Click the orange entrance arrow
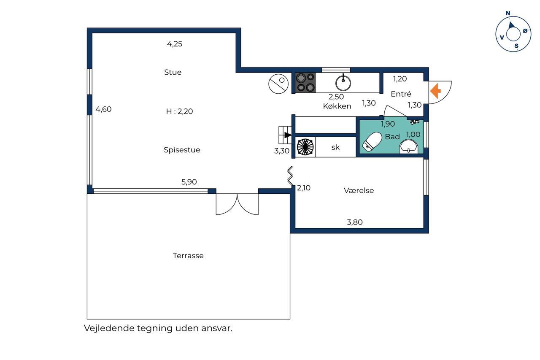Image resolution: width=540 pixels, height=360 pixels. pyautogui.click(x=436, y=91)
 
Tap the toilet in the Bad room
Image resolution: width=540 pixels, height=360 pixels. pyautogui.click(x=372, y=141)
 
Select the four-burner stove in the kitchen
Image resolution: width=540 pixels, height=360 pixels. pyautogui.click(x=305, y=83)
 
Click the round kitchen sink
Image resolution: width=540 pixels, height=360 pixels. pyautogui.click(x=343, y=83)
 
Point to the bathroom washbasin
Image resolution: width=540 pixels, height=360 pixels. pyautogui.click(x=409, y=146)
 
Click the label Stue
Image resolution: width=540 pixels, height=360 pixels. pyautogui.click(x=173, y=72)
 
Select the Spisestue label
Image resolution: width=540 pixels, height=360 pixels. pyautogui.click(x=182, y=150)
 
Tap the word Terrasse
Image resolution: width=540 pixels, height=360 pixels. pyautogui.click(x=188, y=256)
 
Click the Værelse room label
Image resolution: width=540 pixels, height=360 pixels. pyautogui.click(x=359, y=190)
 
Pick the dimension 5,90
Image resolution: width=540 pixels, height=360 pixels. pyautogui.click(x=189, y=182)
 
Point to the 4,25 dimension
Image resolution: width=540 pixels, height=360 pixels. pyautogui.click(x=175, y=44)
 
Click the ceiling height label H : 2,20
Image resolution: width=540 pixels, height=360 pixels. pyautogui.click(x=179, y=111)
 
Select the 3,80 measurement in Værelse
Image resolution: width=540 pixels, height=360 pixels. pyautogui.click(x=355, y=222)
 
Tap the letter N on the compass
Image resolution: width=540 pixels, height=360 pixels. pyautogui.click(x=508, y=13)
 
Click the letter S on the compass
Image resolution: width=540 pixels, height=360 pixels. pyautogui.click(x=516, y=46)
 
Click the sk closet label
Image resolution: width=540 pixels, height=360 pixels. pyautogui.click(x=335, y=147)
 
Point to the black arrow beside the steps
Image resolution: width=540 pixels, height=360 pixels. pyautogui.click(x=288, y=135)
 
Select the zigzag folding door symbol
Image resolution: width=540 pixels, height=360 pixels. pyautogui.click(x=290, y=176)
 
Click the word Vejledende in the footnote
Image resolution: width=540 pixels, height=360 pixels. pyautogui.click(x=109, y=328)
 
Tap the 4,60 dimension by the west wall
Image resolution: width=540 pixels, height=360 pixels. pyautogui.click(x=103, y=109)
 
